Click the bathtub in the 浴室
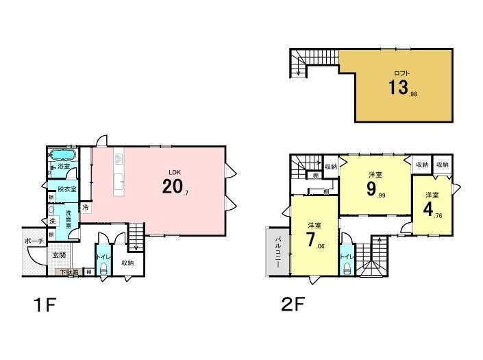[x=63, y=155]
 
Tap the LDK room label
[x=175, y=173]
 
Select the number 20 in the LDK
[x=172, y=186]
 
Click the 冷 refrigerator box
[x=86, y=207]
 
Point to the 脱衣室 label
[x=67, y=189]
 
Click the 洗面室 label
[x=69, y=219]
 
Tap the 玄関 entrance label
[x=58, y=255]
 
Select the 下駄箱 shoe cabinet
[x=69, y=272]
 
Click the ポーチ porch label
[x=34, y=241]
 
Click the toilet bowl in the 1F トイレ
[x=103, y=269]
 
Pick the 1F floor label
[x=45, y=305]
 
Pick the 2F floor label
[x=293, y=304]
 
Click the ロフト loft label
[x=402, y=73]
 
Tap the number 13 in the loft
[x=398, y=87]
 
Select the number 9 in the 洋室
[x=371, y=189]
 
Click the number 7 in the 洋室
[x=310, y=239]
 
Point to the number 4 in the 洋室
[x=428, y=210]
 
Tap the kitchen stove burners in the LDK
[x=119, y=158]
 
